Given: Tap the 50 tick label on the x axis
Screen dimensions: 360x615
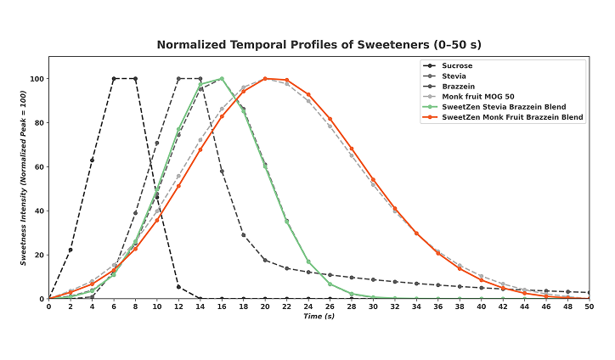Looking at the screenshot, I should pyautogui.click(x=589, y=307).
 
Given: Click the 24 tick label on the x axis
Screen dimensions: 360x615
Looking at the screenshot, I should pyautogui.click(x=308, y=307).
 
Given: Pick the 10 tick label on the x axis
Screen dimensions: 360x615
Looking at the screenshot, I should pyautogui.click(x=157, y=307).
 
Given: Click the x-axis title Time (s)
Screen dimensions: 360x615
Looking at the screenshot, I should pyautogui.click(x=319, y=318).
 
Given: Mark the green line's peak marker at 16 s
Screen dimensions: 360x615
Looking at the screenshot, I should pyautogui.click(x=222, y=79).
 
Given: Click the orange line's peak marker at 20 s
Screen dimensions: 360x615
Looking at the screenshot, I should pyautogui.click(x=265, y=79).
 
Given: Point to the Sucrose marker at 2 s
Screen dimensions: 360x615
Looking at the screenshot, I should pyautogui.click(x=71, y=250).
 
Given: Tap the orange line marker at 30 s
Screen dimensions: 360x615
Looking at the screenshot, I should pyautogui.click(x=373, y=179).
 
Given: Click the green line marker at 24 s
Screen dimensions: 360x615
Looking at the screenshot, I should pyautogui.click(x=308, y=262).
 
